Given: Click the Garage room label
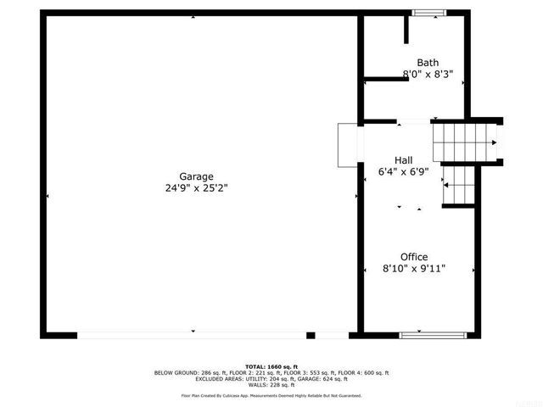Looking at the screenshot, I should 196,176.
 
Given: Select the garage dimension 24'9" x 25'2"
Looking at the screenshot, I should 196,188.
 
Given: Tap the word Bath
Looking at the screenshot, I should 428,63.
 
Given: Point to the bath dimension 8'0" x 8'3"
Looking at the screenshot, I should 428,75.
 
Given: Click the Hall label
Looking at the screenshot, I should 404,159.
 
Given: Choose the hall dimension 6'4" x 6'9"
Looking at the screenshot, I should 404,171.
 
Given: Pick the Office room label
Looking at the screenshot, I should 414,257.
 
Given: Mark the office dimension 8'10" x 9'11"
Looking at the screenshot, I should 414,269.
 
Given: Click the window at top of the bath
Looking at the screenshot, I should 428,12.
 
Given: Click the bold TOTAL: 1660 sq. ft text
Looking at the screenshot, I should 271,366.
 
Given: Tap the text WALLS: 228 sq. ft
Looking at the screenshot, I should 271,386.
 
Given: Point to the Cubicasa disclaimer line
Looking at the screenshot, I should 271,395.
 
